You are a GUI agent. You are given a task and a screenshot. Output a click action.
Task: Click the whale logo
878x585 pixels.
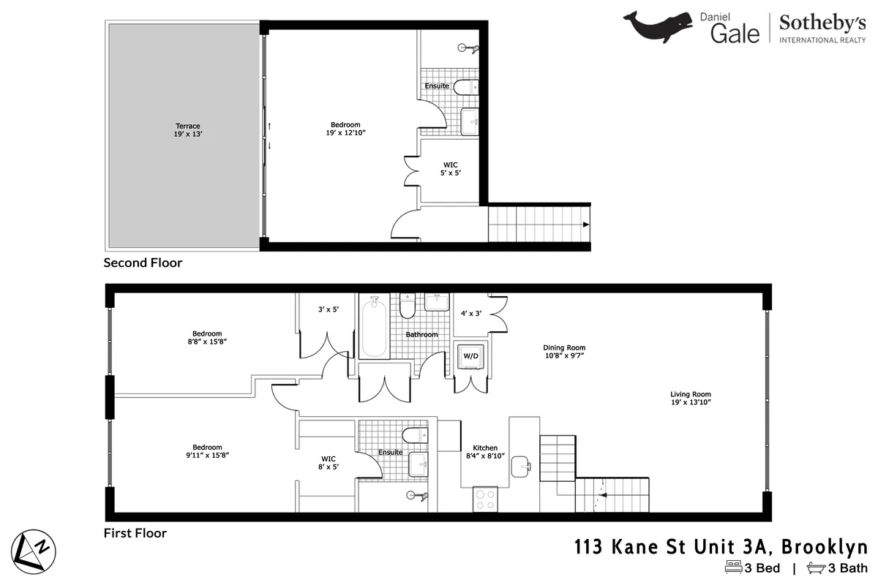click(657, 26)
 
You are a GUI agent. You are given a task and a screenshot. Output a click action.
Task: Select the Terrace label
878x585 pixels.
click(187, 129)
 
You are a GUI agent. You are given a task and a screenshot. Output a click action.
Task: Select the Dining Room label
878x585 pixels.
click(563, 352)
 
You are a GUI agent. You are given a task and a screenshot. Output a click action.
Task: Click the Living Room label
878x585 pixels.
click(690, 399)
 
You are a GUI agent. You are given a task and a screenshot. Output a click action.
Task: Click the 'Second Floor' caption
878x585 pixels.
click(143, 263)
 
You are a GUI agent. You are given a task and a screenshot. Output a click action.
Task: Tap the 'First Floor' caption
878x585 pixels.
click(135, 533)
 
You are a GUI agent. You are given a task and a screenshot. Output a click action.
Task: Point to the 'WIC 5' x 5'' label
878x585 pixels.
click(451, 168)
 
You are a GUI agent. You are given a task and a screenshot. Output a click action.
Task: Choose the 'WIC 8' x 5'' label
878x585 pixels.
click(329, 463)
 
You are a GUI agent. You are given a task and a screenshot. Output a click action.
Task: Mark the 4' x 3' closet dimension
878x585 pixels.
click(472, 313)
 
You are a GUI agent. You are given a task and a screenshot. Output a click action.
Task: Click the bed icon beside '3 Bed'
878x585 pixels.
click(732, 567)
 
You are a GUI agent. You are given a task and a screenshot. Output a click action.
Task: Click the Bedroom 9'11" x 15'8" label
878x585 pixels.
click(207, 451)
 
